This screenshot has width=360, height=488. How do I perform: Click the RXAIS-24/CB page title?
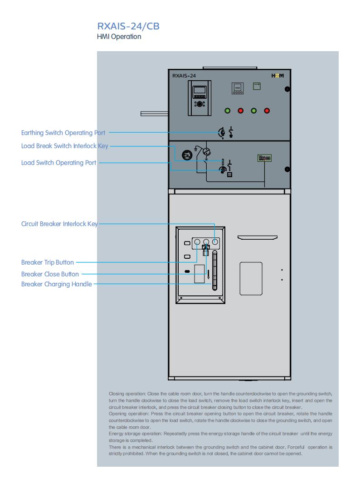pos(128,26)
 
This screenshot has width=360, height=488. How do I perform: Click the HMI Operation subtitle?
pos(119,37)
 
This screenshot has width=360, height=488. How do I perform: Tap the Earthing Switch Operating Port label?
pos(63,133)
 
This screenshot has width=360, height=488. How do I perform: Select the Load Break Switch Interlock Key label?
pos(65,146)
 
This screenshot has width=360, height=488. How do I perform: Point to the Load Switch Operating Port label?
pos(58,163)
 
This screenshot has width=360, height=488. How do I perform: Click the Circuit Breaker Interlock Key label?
pos(59,224)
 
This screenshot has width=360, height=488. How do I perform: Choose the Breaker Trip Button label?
pos(48,262)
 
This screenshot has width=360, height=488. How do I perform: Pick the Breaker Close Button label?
pos(50,274)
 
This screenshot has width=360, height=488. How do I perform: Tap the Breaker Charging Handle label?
pos(57,284)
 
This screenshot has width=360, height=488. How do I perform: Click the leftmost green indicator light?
pos(228,111)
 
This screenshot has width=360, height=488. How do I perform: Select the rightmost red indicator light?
pos(267,111)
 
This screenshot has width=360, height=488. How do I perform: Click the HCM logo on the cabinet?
pos(277,76)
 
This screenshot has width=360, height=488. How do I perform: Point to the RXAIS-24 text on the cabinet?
pos(184,76)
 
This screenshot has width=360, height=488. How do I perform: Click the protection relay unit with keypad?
pos(199,98)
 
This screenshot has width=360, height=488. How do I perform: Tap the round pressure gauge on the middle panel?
pos(187,155)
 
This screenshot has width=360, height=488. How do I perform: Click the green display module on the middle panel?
pos(264,158)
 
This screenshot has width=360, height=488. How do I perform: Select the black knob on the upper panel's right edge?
pos(287,89)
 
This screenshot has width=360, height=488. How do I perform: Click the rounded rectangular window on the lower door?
pos(251,279)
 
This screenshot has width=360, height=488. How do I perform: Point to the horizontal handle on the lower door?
pos(258,237)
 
